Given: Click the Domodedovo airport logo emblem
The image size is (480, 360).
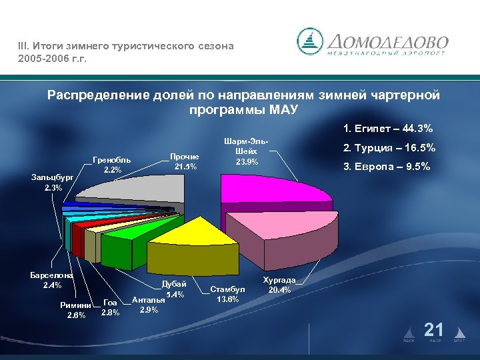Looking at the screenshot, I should click(309, 41).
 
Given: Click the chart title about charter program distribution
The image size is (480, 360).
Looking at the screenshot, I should click(243, 102).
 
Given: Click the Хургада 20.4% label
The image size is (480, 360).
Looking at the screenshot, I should click(279, 285).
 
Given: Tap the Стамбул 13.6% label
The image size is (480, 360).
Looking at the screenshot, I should click(228, 294).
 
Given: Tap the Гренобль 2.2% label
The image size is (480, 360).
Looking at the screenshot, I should click(112, 165).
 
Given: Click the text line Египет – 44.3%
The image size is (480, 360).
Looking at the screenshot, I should click(387, 128).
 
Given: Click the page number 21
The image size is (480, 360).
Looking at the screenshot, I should click(434, 329).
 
